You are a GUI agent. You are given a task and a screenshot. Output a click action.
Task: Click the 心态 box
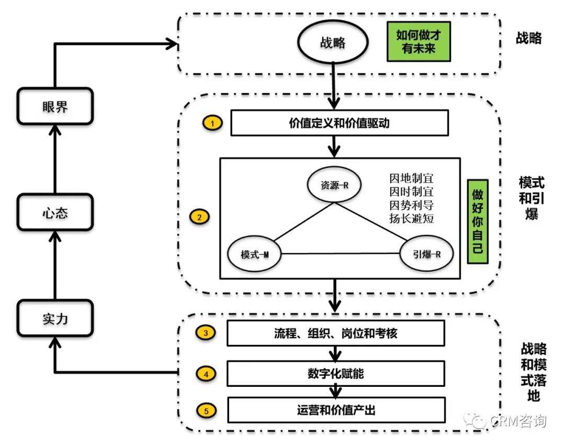[x=55, y=214]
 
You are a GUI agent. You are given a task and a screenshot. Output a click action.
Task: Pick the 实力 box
[x=55, y=319]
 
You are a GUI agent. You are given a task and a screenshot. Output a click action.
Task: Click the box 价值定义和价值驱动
[x=339, y=124]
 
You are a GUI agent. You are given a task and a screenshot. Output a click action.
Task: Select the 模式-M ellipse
[x=255, y=254]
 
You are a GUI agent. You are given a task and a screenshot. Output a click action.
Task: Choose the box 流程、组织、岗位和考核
[x=335, y=333]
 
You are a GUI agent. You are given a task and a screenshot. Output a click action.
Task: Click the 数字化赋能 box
[x=335, y=373]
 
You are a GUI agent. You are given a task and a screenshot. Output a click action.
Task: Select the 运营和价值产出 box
[x=335, y=410]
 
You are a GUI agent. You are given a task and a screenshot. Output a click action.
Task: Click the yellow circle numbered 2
[x=200, y=216]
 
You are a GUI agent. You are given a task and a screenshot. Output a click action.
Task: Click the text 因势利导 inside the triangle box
[x=412, y=204]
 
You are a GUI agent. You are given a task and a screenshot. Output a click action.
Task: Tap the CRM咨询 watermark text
[x=518, y=421]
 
